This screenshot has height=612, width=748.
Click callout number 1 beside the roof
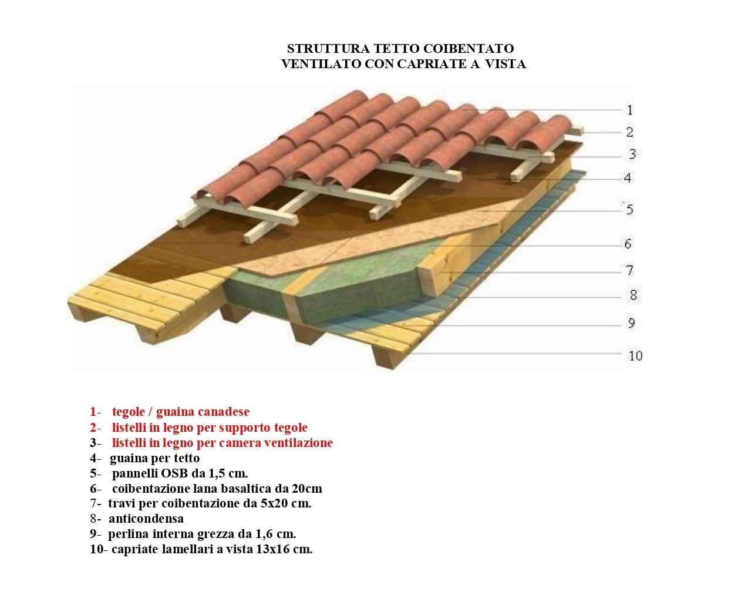tap(629, 110)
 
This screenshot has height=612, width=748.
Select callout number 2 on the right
tap(629, 132)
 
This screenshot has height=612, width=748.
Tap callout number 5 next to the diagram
tap(629, 210)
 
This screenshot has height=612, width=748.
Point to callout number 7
tap(629, 270)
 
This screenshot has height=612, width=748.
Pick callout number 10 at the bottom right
tap(635, 356)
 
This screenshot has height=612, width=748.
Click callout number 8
tap(633, 295)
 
